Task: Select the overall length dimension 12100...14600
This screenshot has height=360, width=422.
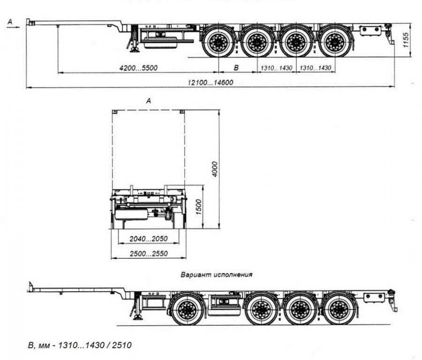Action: [x=211, y=82]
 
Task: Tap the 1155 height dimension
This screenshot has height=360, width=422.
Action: [x=406, y=39]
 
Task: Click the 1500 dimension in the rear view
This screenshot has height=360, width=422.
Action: [x=199, y=206]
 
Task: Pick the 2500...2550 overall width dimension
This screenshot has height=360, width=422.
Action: [x=149, y=254]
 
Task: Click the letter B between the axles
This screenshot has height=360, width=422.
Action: [x=236, y=68]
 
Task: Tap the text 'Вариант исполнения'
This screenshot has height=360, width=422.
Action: [x=217, y=275]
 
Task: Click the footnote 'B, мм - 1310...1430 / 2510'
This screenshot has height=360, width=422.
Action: [x=80, y=345]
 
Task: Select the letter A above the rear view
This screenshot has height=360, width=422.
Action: [x=149, y=101]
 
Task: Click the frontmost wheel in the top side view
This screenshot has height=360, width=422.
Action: [x=218, y=43]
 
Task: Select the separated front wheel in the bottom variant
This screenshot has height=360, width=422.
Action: [x=188, y=309]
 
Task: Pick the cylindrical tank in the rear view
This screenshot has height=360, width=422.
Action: [x=132, y=214]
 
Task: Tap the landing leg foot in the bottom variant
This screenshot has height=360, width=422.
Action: [x=138, y=317]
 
